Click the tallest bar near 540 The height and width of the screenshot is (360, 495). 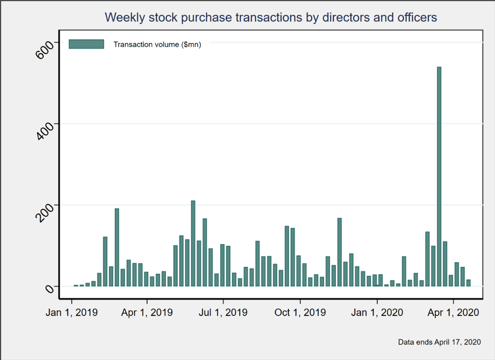click(439, 177)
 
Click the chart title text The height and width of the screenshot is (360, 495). click(271, 17)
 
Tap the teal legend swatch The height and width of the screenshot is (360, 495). click(86, 44)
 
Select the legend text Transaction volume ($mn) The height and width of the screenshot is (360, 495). click(157, 44)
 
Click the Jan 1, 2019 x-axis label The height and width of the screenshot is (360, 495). click(72, 312)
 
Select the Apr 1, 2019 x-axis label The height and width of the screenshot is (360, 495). click(147, 312)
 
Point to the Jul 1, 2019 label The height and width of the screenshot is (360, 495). click(223, 312)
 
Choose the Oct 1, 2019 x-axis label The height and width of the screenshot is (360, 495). click(300, 312)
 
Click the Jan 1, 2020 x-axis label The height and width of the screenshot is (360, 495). click(377, 312)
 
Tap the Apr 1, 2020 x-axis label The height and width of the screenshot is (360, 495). click(453, 312)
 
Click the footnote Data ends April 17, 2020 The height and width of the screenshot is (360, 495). click(440, 342)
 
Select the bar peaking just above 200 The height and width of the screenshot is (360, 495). click(193, 243)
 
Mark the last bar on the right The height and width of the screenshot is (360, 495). click(469, 283)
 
